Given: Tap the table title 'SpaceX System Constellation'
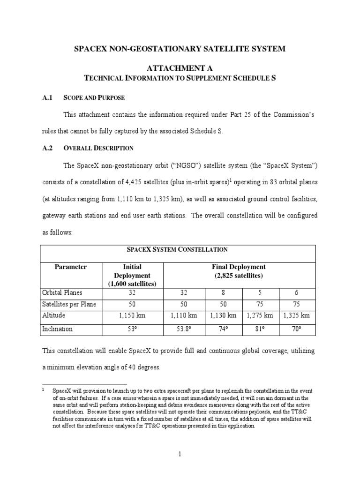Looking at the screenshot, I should [180, 250].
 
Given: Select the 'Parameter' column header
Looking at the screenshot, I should [71, 267].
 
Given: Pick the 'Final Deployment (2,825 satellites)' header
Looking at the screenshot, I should [239, 271].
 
